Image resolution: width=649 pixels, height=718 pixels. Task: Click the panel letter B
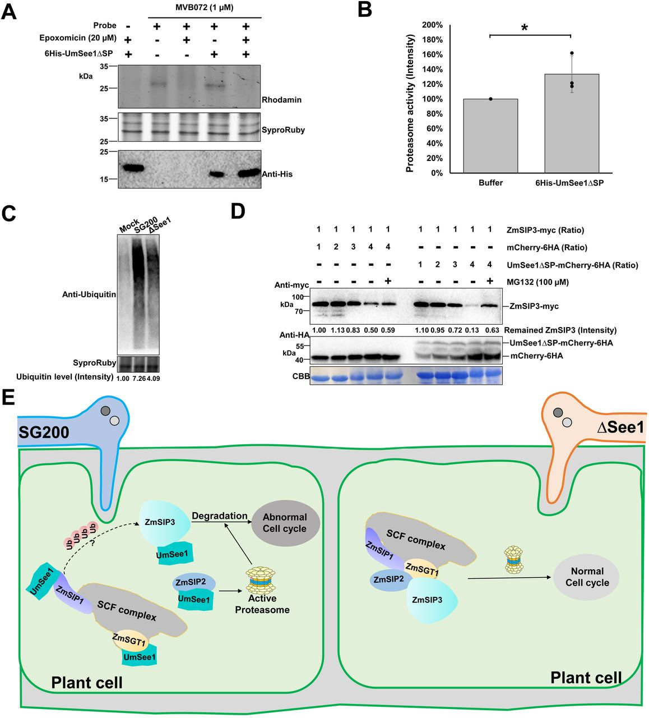point(364,10)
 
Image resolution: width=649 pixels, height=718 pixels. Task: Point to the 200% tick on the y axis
point(432,25)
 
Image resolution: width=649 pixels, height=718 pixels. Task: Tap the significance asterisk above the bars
point(525,27)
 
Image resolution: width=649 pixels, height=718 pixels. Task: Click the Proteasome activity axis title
point(410,103)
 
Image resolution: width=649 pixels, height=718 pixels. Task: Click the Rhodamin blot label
point(281,100)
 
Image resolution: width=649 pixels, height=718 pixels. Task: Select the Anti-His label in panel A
point(277,174)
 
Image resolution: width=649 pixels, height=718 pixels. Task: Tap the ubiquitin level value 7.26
point(138,378)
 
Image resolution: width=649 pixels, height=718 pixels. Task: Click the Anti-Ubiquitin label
point(89,294)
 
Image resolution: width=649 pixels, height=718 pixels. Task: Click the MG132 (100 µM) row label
point(537,282)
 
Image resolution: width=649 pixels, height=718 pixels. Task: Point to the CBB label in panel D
point(301,376)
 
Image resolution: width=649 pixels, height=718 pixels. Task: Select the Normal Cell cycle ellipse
point(586,577)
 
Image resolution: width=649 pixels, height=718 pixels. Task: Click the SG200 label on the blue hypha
point(44,432)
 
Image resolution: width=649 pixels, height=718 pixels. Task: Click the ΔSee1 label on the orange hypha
point(620,427)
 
